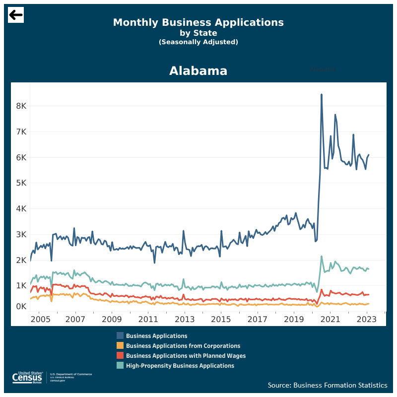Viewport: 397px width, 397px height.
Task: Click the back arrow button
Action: coord(16,15)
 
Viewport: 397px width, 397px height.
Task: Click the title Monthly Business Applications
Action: coord(198,22)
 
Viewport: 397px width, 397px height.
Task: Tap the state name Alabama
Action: coord(198,71)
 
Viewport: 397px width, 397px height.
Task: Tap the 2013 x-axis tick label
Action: coord(185,319)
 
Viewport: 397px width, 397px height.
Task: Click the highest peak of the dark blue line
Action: coord(322,94)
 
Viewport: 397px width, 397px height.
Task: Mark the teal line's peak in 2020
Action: coord(322,257)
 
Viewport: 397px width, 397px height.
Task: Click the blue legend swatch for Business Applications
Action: coord(120,336)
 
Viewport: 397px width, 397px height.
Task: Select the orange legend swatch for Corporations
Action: coord(120,346)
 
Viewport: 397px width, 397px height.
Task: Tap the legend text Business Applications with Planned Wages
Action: coord(186,356)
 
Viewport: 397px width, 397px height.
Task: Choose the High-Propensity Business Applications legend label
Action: coord(180,366)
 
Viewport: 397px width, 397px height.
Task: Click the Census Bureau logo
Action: coord(30,378)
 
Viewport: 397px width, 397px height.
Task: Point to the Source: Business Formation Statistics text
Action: coord(328,385)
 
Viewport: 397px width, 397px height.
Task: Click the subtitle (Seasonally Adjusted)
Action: coord(198,42)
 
